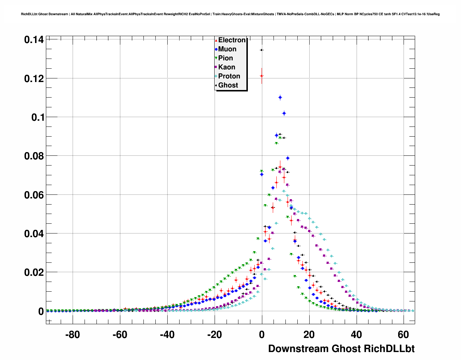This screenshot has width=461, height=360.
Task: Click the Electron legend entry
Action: coord(232,40)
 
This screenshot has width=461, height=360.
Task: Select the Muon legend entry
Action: coord(227,49)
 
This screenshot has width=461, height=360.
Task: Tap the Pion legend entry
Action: coord(225,58)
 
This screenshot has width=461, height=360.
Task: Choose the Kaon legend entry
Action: coord(227,67)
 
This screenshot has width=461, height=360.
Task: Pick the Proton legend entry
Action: coord(229,76)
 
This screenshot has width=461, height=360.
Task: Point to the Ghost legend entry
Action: coord(228,85)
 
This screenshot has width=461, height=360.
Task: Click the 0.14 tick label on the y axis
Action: coord(34,40)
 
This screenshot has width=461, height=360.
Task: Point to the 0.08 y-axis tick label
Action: coord(34,156)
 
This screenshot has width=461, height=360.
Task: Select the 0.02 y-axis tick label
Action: coord(34,273)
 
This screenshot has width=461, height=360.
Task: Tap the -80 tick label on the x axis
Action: coord(73,335)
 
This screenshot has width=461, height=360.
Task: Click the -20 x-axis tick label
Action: coord(214,335)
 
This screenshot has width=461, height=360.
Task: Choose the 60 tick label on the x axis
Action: coord(404,335)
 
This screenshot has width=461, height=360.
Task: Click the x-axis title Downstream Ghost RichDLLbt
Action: coord(341,349)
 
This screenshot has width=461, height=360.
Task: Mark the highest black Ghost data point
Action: coord(262,50)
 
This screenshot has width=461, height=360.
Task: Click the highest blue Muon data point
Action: coord(280,98)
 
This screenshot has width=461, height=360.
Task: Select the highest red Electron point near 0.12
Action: coord(262,76)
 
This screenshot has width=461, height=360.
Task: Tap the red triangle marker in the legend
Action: coord(216,40)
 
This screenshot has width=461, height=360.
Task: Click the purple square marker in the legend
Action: coord(216,67)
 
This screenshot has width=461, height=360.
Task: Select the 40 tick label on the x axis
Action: coord(356,335)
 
